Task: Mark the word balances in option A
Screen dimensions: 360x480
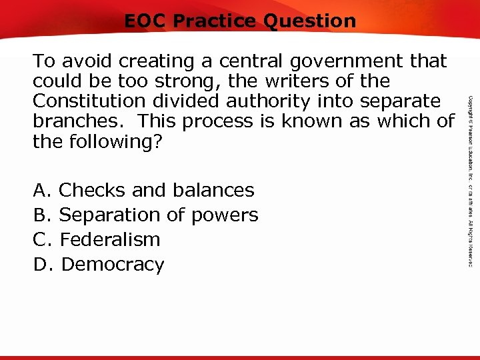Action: point(212,191)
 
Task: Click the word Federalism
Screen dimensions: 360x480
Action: point(110,239)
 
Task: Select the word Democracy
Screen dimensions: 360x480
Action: point(112,265)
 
